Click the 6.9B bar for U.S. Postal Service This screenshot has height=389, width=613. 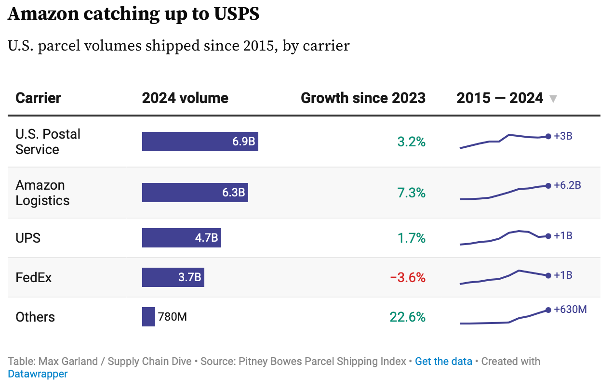tap(200, 142)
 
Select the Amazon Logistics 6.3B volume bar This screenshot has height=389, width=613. tap(195, 193)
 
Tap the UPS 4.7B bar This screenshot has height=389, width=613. tap(181, 238)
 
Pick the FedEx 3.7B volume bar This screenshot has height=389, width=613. tap(173, 277)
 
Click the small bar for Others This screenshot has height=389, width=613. tap(148, 317)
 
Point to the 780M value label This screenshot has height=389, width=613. tap(173, 317)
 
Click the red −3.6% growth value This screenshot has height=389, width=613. tap(408, 278)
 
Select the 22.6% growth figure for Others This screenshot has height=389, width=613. tap(408, 317)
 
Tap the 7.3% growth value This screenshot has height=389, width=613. tap(411, 193)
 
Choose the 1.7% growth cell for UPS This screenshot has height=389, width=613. tap(411, 238)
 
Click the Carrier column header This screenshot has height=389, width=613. tap(38, 98)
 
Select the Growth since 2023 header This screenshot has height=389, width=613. tap(363, 98)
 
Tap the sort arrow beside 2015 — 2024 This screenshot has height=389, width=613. tap(553, 99)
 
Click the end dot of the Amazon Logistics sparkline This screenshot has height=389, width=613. tap(548, 185)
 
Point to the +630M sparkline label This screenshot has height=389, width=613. tap(570, 310)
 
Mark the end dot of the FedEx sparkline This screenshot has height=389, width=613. tap(548, 276)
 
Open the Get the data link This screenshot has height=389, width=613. tap(443, 362)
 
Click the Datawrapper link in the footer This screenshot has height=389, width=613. tap(38, 374)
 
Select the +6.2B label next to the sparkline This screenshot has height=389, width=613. tap(567, 185)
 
